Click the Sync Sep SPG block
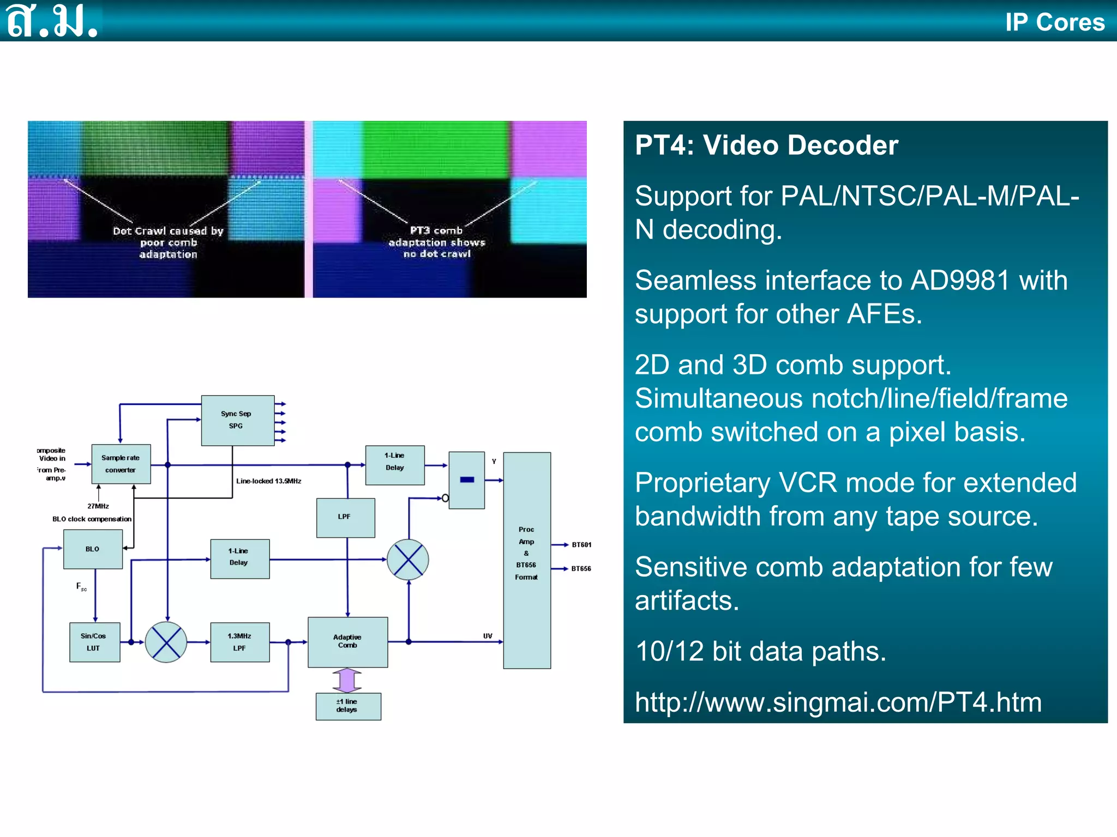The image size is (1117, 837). [x=237, y=420]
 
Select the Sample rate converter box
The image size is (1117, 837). [x=121, y=464]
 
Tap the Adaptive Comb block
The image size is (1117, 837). [x=347, y=641]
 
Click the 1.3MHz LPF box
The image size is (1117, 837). [x=239, y=642]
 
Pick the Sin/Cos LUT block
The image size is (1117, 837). [x=94, y=642]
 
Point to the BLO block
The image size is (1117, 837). [x=93, y=549]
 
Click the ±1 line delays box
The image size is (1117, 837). [x=348, y=706]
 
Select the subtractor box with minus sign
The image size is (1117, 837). [x=466, y=480]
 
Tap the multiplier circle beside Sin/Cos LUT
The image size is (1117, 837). [x=166, y=642]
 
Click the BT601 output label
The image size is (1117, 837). [x=581, y=544]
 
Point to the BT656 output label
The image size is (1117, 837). [x=581, y=568]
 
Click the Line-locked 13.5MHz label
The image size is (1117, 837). [x=268, y=481]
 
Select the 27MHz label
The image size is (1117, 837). [x=98, y=506]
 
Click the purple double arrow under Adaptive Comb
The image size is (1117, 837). [x=347, y=680]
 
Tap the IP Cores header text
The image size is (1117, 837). [x=1055, y=22]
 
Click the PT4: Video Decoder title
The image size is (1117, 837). [x=766, y=145]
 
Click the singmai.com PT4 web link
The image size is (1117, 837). [x=838, y=702]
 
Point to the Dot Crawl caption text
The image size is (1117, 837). [x=168, y=242]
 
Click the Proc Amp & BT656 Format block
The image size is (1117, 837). [x=526, y=560]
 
